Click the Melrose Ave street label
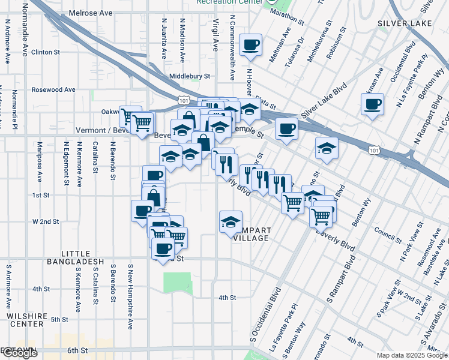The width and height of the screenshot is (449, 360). coord(90,12)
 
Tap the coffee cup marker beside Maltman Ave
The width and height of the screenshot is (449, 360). coord(250,44)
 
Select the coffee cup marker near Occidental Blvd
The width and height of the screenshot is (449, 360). coord(372,104)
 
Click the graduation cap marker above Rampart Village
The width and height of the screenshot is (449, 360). coord(231,221)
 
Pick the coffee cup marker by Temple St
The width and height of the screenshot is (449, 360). coord(286,128)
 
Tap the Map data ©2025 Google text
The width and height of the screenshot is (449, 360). coord(412,355)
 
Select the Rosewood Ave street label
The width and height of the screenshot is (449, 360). coord(54,89)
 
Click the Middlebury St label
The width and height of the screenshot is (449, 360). coord(190,76)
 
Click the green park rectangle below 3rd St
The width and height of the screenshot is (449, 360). coord(176,283)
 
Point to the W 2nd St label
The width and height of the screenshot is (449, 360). coord(46,221)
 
